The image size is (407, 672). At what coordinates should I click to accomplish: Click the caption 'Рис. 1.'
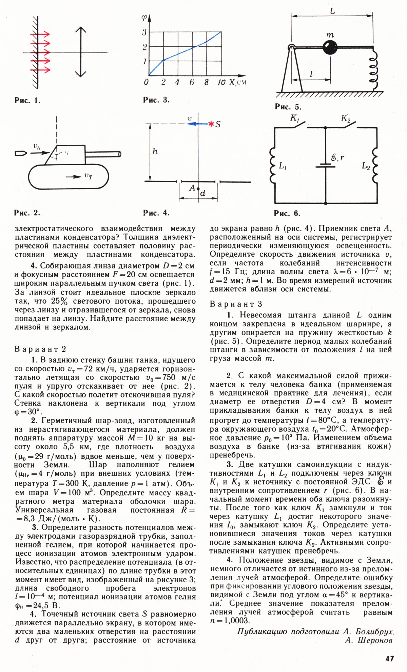[27, 100]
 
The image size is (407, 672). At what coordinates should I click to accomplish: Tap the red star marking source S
[211, 124]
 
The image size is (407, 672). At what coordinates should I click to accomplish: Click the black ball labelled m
[330, 47]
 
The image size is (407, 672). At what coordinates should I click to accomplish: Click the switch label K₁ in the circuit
[294, 118]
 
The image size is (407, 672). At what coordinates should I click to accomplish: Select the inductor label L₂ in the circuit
[366, 166]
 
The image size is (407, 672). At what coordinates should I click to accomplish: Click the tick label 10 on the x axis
[221, 82]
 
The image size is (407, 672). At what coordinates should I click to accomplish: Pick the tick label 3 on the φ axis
[144, 32]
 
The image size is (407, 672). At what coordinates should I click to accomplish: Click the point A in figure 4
[199, 190]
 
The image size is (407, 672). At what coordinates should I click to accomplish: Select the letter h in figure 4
[155, 152]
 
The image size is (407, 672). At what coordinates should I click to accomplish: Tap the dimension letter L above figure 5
[332, 11]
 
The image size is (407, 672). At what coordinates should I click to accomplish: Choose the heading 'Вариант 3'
[236, 304]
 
